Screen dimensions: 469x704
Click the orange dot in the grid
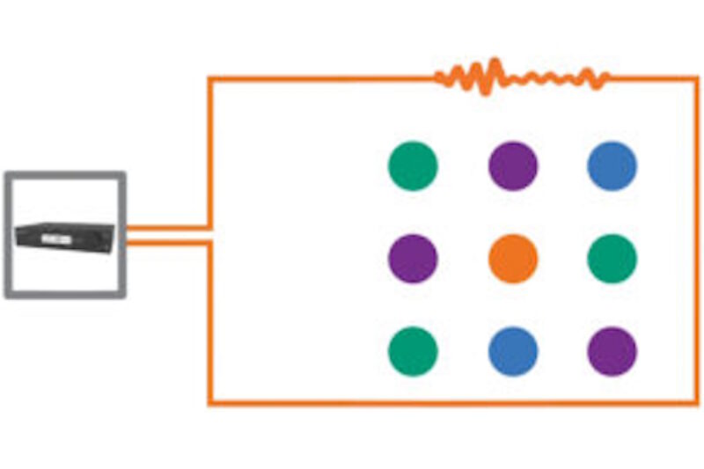pos(513,259)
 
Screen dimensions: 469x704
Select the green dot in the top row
pos(413,165)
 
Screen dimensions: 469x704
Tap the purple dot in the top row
pos(513,165)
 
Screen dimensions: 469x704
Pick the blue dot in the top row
pos(612,165)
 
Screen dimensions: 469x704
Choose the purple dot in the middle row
pos(413,259)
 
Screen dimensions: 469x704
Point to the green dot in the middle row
pos(612,259)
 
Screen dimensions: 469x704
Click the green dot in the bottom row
pos(413,351)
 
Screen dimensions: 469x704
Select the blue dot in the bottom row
pos(513,351)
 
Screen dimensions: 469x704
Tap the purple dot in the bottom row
pos(612,351)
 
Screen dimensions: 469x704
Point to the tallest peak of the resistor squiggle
pos(495,63)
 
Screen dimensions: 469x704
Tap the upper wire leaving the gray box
pos(167,228)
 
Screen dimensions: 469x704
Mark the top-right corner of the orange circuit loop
pos(697,78)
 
